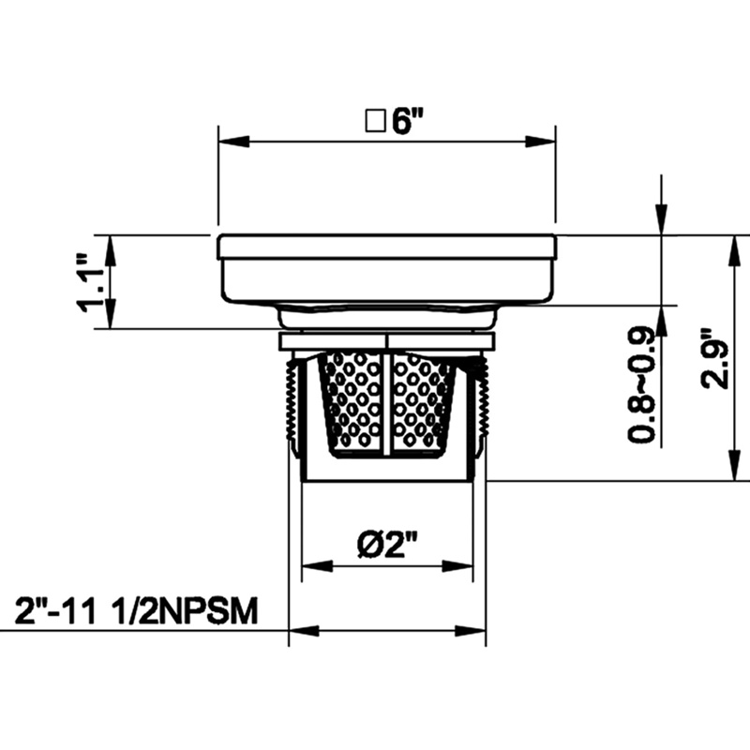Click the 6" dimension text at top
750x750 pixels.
click(x=409, y=123)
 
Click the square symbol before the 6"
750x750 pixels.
click(x=377, y=123)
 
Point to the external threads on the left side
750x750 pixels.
click(x=289, y=403)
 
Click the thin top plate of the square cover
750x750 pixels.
click(x=386, y=247)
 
